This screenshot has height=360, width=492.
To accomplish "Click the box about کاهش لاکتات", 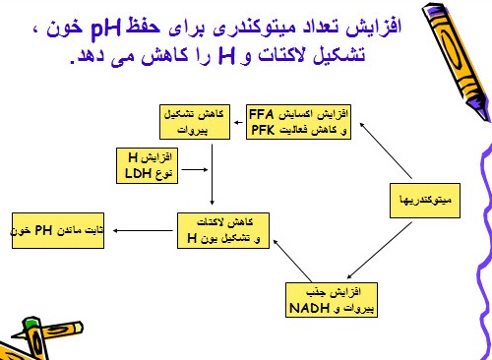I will [x=216, y=230].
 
